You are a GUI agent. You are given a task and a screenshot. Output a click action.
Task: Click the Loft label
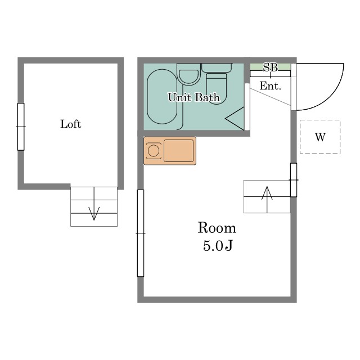pos(71,124)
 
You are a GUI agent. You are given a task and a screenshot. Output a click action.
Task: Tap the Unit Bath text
pos(194,97)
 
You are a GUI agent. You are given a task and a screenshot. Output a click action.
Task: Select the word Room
pos(217,228)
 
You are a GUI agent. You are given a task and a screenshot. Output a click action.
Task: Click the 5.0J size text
pos(218,246)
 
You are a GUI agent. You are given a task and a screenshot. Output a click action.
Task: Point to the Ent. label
pos(271,86)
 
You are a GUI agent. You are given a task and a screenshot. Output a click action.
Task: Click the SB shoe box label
pos(271,67)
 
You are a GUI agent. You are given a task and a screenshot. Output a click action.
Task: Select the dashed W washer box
pos(320,137)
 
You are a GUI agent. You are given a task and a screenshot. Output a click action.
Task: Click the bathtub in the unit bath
pos(162,97)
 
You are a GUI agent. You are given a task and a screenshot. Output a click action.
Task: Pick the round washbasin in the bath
pos(188,76)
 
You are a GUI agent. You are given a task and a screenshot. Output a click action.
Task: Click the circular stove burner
pos(154,151)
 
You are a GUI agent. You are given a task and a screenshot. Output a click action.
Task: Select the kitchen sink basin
pos(178,151)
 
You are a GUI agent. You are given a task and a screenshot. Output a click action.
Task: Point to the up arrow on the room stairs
pos(267,200)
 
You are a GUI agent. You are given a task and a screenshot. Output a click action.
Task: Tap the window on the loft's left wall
pos(21,127)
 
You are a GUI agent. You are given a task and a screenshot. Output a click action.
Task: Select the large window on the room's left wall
pos(141,233)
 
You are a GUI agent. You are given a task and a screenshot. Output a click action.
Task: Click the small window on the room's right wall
pos(294,180)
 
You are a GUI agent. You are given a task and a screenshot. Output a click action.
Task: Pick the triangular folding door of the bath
pos(235,119)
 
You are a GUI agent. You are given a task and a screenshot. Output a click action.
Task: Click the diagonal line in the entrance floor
pos(271,97)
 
